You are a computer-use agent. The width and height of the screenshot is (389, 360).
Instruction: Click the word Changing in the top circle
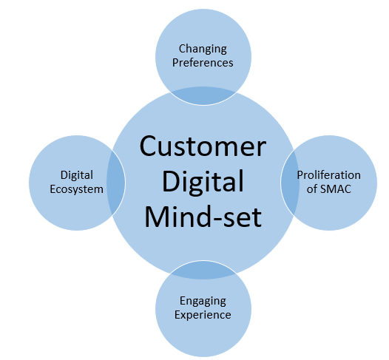[203, 50]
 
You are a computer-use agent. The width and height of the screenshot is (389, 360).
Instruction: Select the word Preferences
[203, 63]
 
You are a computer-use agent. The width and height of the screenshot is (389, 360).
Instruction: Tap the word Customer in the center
[203, 147]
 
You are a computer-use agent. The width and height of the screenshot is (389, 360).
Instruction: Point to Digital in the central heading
[203, 182]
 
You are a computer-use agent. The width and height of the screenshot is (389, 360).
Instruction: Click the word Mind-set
[203, 217]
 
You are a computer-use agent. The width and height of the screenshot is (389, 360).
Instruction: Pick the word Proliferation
[328, 175]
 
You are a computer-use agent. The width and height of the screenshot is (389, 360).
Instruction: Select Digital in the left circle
[76, 175]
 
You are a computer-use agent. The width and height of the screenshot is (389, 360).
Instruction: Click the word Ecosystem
[76, 189]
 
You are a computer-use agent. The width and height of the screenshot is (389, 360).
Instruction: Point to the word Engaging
[203, 301]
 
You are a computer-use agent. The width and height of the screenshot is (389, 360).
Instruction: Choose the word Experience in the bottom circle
[203, 314]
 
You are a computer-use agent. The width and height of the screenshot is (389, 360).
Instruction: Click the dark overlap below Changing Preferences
[203, 95]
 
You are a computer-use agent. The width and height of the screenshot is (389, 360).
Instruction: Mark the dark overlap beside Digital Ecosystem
[115, 182]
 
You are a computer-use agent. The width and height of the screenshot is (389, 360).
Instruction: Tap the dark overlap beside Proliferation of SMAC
[290, 182]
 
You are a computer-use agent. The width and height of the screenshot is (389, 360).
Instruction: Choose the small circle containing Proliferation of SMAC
[348, 207]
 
